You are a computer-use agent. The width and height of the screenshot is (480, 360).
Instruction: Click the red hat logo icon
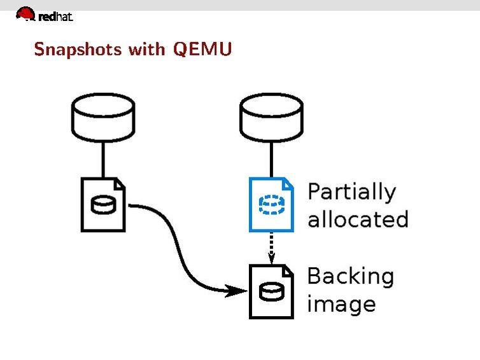point(25,13)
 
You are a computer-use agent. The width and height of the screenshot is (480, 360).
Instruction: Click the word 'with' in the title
point(146,49)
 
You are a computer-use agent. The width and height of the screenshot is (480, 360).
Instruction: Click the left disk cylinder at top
point(102,118)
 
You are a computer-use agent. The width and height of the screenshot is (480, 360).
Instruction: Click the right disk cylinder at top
point(271,118)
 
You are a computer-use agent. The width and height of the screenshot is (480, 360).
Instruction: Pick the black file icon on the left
point(103,204)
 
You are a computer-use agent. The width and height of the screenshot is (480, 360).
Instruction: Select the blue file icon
point(271,204)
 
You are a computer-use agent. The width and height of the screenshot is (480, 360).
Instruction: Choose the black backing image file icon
point(271,291)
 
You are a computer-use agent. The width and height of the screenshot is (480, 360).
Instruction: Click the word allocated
point(357,219)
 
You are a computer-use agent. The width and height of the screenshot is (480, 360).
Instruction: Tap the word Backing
point(350,277)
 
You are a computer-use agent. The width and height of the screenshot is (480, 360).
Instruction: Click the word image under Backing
point(341,304)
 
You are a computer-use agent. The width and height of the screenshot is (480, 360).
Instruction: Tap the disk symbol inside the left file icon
point(102,206)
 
